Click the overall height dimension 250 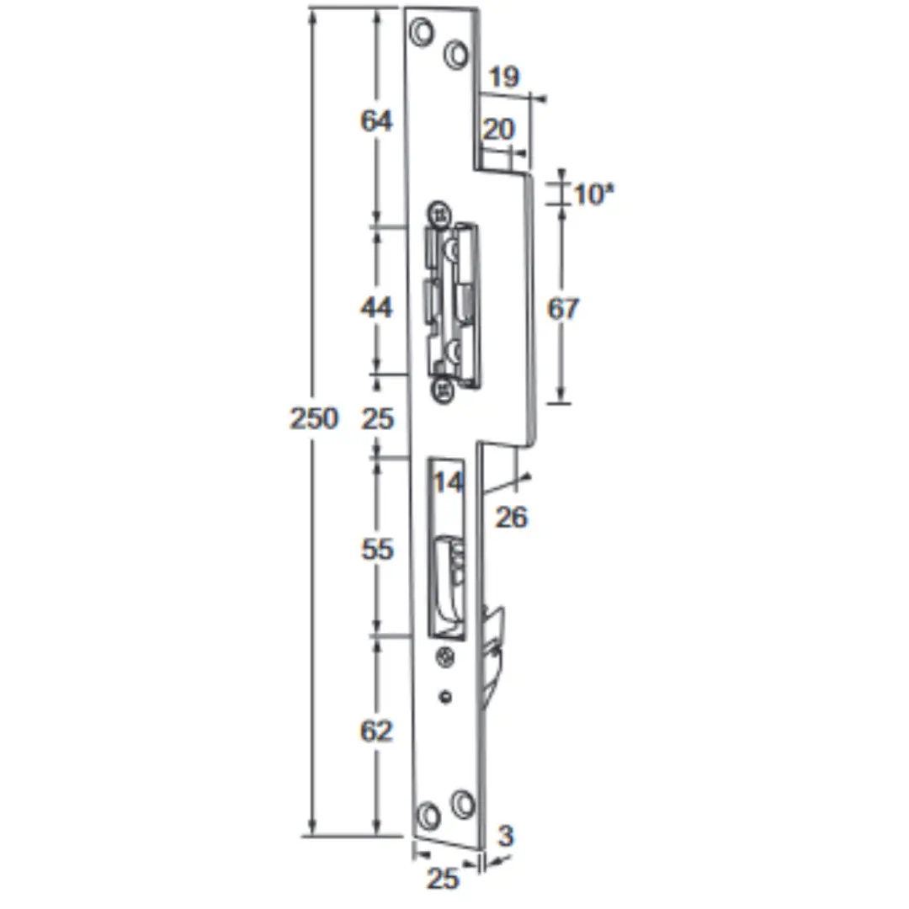click(314, 418)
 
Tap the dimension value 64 click(376, 120)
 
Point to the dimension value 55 click(377, 549)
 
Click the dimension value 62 click(376, 731)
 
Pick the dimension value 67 click(563, 308)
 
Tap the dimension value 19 click(504, 77)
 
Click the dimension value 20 click(498, 129)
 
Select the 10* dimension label click(593, 194)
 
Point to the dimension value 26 click(512, 517)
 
